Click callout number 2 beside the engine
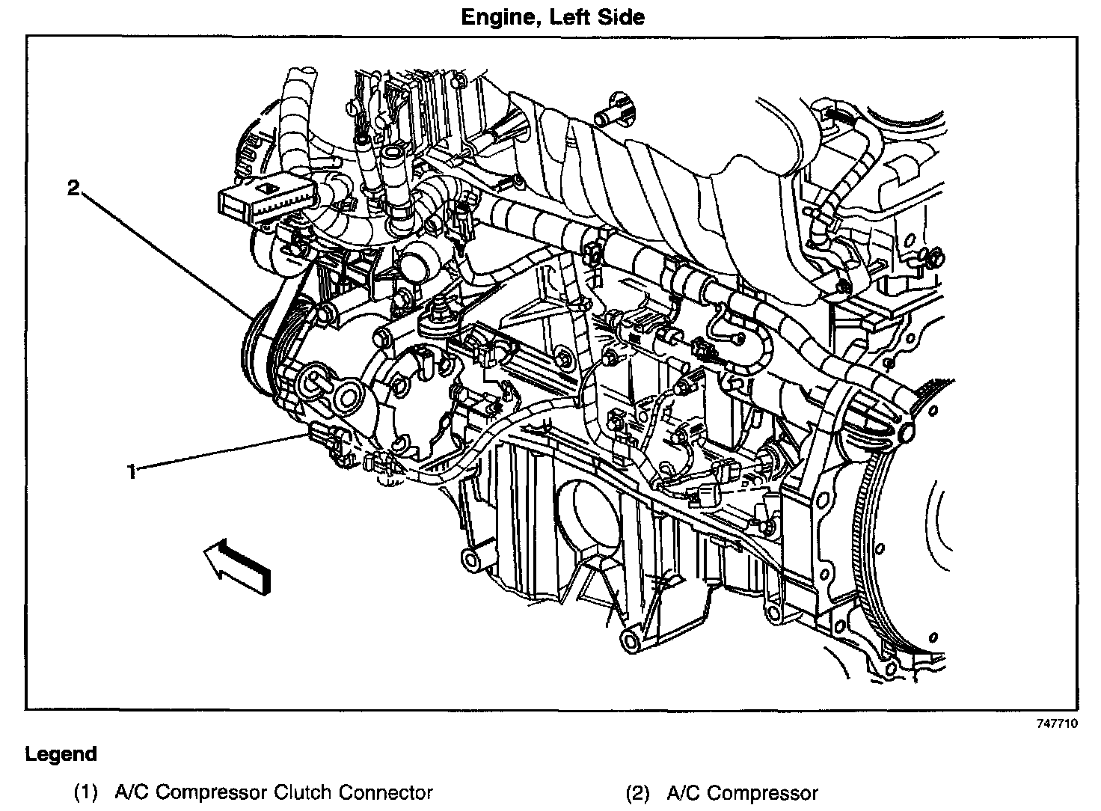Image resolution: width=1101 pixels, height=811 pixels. [73, 188]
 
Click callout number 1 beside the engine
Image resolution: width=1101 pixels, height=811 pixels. [132, 471]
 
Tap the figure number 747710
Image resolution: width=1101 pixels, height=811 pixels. [1056, 723]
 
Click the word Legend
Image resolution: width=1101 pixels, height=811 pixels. [61, 753]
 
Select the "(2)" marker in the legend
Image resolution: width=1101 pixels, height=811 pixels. [638, 793]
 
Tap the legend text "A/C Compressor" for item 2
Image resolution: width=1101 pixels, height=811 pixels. [742, 793]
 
